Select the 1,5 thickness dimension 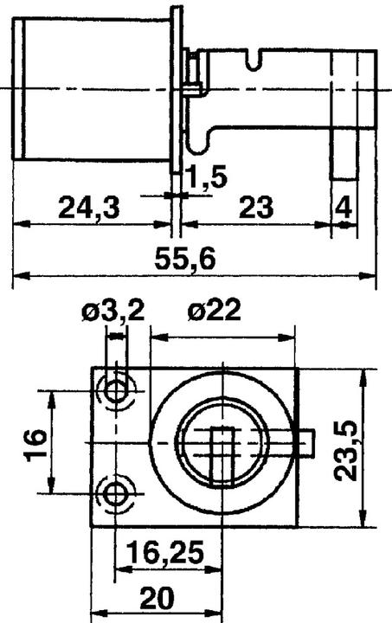[207, 177]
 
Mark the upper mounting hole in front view [115, 390]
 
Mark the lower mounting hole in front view [115, 493]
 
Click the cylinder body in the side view [91, 91]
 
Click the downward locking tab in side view [342, 156]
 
